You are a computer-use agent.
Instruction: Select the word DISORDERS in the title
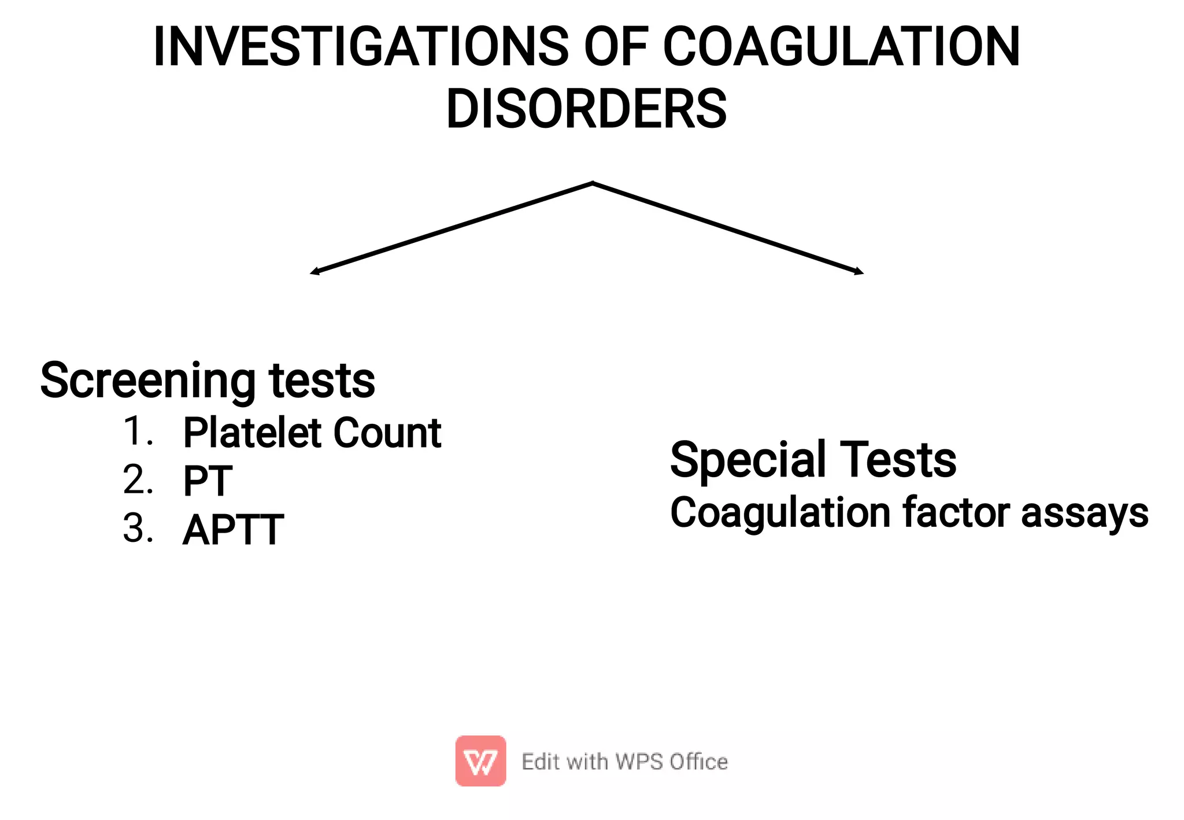586,109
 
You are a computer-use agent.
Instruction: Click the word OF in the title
616,47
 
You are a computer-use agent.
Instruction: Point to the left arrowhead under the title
314,272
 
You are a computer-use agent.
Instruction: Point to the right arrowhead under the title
860,271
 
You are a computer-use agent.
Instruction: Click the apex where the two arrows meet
593,183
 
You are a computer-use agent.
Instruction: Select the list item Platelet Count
312,433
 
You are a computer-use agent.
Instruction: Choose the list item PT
208,481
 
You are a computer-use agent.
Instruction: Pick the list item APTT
233,530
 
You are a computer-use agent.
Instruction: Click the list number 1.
138,431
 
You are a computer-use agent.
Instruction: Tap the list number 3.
138,529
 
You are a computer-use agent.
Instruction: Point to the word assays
1085,513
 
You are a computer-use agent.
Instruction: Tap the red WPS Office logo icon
480,761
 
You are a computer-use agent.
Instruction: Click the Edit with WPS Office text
624,762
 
